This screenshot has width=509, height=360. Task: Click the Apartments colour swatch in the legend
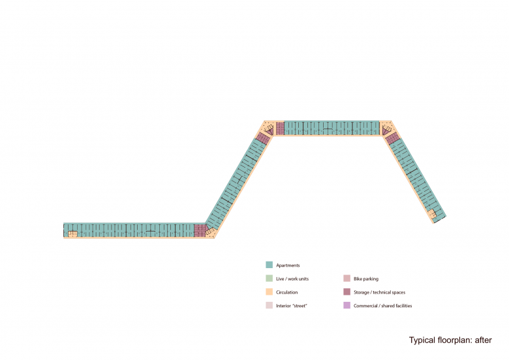(x=269, y=265)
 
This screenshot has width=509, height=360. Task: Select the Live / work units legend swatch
(x=269, y=278)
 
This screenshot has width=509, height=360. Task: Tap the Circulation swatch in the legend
(x=269, y=292)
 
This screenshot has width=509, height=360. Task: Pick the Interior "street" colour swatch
(x=269, y=305)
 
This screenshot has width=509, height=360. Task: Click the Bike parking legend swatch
(x=347, y=278)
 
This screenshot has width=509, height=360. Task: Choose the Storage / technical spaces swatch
(x=347, y=292)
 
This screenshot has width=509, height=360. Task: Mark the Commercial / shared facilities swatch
(x=347, y=305)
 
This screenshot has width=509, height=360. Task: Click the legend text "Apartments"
(x=288, y=265)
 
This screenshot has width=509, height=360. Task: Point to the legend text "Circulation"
(x=287, y=292)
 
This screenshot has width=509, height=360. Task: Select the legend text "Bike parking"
(x=366, y=279)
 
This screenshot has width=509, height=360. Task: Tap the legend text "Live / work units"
(x=292, y=279)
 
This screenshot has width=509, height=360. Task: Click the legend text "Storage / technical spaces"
(x=379, y=292)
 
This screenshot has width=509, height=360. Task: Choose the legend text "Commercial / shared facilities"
(x=382, y=306)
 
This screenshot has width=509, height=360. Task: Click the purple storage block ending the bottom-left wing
(x=200, y=230)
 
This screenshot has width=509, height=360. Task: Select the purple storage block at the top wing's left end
(x=281, y=128)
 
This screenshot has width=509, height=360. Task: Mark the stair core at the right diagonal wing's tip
(x=433, y=214)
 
